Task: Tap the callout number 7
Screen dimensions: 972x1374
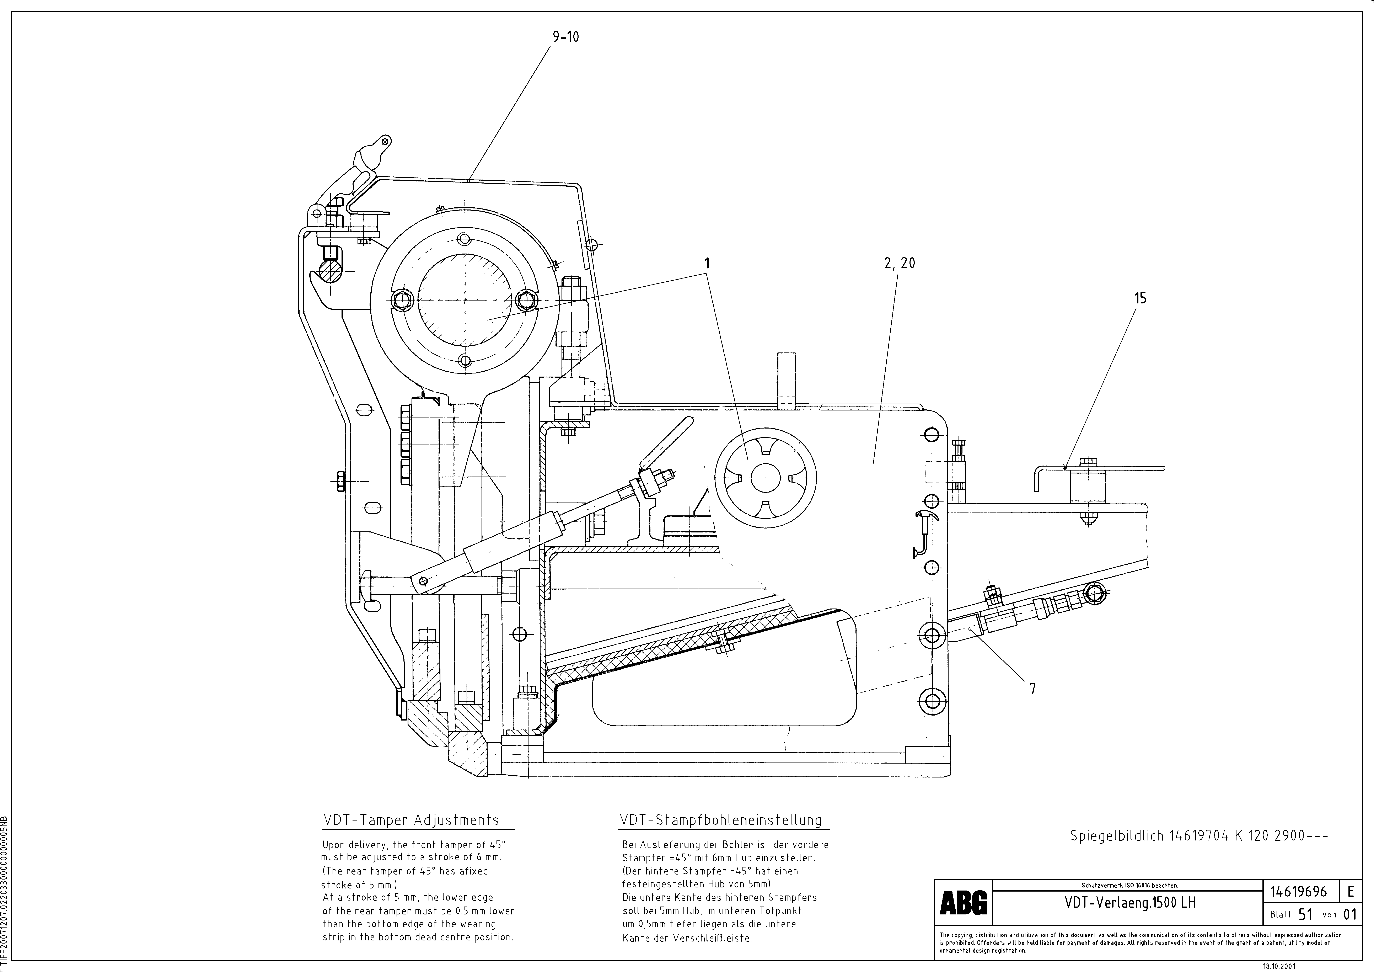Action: (x=1032, y=689)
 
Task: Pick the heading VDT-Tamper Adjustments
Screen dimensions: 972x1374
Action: (x=411, y=820)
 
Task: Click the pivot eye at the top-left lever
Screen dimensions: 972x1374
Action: (x=385, y=142)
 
